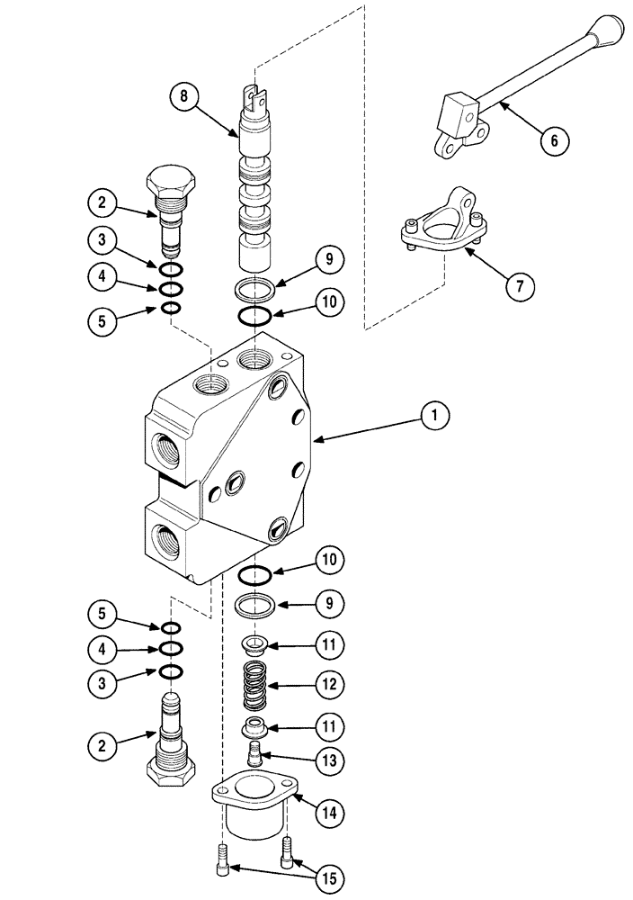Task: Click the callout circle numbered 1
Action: pyautogui.click(x=434, y=416)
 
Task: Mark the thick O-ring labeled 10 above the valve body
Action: pyautogui.click(x=255, y=315)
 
